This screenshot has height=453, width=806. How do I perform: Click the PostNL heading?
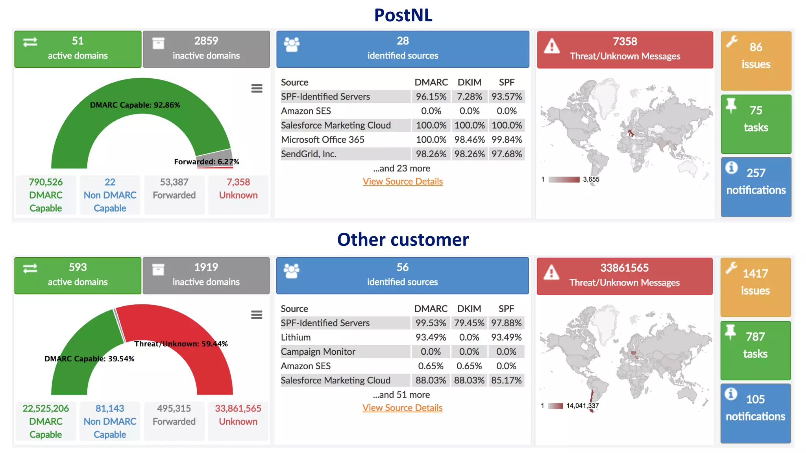click(x=403, y=15)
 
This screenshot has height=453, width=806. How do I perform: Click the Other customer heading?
click(x=403, y=239)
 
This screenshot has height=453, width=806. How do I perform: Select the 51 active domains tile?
click(x=78, y=49)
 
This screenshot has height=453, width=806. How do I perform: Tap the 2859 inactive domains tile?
click(x=206, y=49)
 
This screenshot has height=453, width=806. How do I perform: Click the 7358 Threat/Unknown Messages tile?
click(x=625, y=50)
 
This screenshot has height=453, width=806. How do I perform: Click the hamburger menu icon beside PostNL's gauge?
click(x=257, y=88)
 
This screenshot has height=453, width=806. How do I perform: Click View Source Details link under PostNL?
click(x=403, y=181)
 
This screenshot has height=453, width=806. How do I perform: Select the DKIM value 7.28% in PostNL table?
click(x=470, y=97)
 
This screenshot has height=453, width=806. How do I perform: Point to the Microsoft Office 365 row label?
click(x=323, y=140)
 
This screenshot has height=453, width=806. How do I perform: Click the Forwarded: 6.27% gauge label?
click(x=207, y=162)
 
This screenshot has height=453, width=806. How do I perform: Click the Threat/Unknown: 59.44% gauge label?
click(x=181, y=344)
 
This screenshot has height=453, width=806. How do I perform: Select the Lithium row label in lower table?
click(x=296, y=337)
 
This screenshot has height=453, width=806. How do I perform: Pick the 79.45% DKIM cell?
click(x=469, y=323)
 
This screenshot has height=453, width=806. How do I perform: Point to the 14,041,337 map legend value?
click(x=582, y=406)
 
